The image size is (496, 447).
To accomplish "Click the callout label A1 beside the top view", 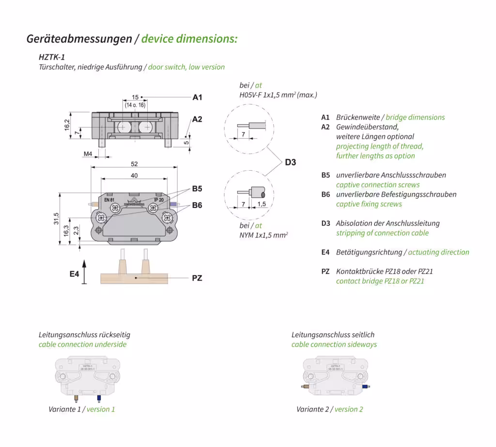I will click(197, 97).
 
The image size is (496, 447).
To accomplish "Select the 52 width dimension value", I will click(135, 164).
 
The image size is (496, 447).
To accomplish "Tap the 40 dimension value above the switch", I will click(134, 176).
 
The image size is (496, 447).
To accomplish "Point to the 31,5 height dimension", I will click(57, 219).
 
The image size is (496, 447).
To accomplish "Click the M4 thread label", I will click(88, 154).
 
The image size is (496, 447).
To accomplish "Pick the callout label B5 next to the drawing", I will click(197, 189).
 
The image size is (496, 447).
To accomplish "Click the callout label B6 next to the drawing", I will click(197, 206).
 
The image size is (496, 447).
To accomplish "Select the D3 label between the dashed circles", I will click(290, 162).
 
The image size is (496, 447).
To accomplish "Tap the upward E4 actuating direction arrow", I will click(85, 271).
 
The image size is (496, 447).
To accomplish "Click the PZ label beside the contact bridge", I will click(197, 278).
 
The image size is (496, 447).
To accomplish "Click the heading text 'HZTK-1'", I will click(52, 57).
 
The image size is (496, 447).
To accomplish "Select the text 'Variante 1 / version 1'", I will click(82, 409).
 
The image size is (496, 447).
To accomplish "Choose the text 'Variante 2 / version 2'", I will click(330, 409).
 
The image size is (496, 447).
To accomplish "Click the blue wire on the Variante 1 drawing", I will click(99, 398).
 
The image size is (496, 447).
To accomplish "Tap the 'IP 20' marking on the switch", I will click(159, 200).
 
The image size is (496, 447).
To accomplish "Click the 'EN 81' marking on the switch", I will click(109, 200).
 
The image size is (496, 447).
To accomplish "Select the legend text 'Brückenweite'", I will click(358, 117).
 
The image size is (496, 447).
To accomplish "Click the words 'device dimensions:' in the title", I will click(189, 39).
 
